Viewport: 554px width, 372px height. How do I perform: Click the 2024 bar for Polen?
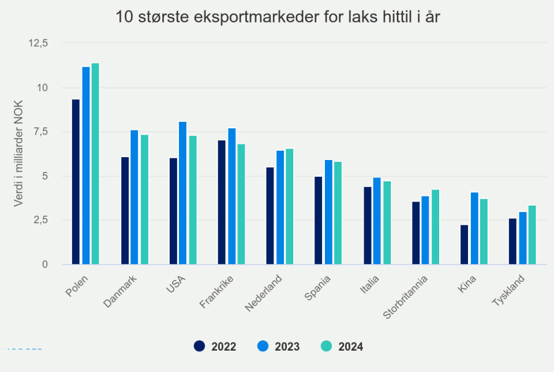pos(95,164)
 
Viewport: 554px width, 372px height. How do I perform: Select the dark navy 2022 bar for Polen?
pos(76,182)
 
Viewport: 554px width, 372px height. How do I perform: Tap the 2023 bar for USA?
pos(182,193)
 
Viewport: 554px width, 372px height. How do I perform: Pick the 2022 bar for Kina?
pos(464,244)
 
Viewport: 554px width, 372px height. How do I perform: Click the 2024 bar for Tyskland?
pos(531,235)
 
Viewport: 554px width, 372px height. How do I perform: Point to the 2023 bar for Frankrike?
pos(231,196)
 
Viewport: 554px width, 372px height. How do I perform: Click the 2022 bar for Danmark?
pos(125,211)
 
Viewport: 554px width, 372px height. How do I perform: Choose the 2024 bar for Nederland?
pos(289,207)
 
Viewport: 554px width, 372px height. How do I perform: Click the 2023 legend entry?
pos(279,347)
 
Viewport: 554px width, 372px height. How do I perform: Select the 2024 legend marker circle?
pos(327,347)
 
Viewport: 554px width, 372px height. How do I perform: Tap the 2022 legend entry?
pos(215,347)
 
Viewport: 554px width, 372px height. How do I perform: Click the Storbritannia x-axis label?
pos(410,298)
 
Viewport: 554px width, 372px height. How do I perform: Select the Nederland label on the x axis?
pos(265,293)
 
